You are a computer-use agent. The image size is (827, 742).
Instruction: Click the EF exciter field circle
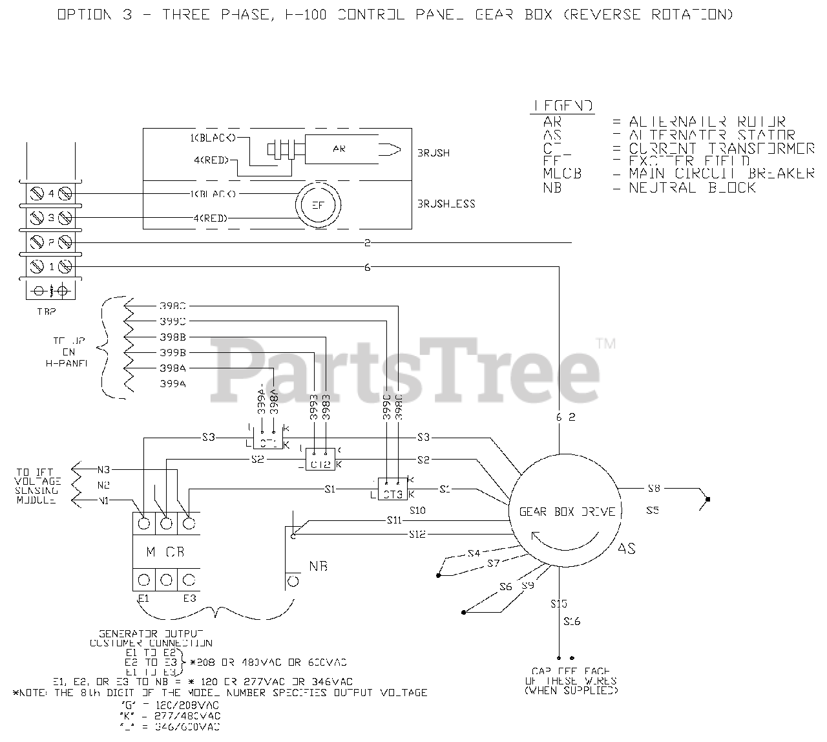[317, 206]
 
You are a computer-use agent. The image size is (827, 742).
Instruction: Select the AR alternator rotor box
[339, 149]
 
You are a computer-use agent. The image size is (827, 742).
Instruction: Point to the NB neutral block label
[319, 566]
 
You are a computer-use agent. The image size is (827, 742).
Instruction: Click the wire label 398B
[173, 337]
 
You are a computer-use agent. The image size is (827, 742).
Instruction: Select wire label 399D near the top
[173, 321]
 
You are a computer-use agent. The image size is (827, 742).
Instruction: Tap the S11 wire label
[395, 520]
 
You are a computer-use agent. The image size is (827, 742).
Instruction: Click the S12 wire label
[417, 535]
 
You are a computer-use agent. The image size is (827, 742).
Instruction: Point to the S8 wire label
[653, 488]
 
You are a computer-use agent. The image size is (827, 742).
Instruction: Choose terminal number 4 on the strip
[51, 193]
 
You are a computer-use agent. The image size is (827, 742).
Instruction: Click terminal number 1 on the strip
[51, 266]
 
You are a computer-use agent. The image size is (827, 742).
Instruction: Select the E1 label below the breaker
[143, 599]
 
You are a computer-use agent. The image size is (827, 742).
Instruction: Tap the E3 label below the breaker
[189, 599]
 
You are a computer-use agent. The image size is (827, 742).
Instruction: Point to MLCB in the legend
[561, 173]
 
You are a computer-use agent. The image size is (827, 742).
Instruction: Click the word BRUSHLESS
[446, 204]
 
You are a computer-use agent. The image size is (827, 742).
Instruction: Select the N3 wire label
[104, 469]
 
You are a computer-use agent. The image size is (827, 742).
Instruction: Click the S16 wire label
[572, 622]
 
